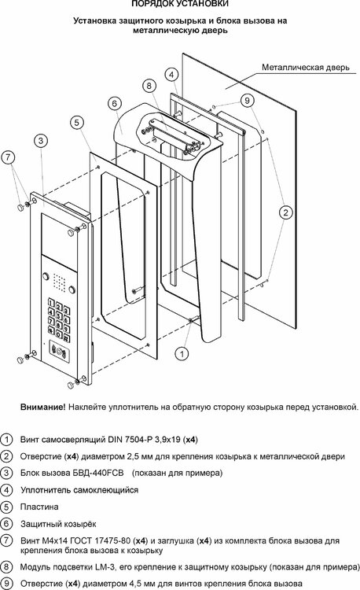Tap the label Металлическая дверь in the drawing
pos(303,68)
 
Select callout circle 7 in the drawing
pos(8,157)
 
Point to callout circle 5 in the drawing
pos(76,122)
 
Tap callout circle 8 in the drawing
pos(149,85)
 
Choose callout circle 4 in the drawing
pos(170,74)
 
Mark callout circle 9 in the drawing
pos(246,100)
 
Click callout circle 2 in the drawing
pos(286,211)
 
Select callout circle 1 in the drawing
pos(181,353)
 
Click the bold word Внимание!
pos(42,407)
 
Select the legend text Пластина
pos(38,507)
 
